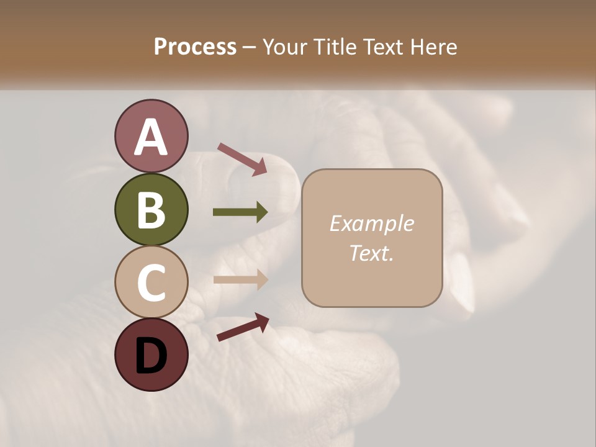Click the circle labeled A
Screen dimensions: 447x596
click(151, 136)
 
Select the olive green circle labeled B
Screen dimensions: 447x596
click(151, 209)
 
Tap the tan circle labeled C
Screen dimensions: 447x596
click(151, 282)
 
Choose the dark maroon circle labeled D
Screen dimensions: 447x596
click(151, 354)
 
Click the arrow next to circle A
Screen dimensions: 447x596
click(242, 159)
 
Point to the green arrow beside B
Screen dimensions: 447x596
click(240, 212)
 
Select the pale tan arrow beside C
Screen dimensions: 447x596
click(240, 279)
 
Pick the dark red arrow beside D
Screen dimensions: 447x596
click(243, 327)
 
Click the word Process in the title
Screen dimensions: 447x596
click(195, 47)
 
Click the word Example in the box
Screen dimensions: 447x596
click(371, 224)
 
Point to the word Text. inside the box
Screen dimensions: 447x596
click(371, 253)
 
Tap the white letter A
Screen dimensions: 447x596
click(151, 137)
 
